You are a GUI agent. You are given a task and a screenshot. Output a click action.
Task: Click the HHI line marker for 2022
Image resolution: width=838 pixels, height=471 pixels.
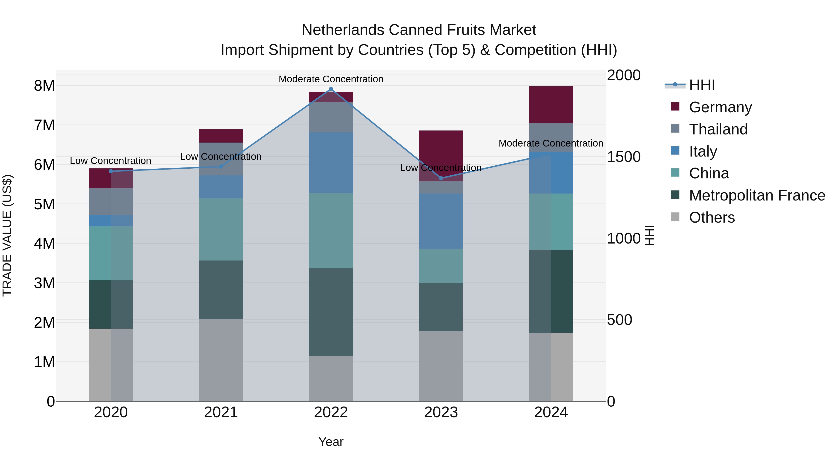pyautogui.click(x=331, y=89)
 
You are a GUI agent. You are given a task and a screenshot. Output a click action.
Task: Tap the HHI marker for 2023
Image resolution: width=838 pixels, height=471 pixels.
pyautogui.click(x=441, y=178)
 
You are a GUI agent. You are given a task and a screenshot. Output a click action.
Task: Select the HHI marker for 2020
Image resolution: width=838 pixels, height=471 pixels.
pyautogui.click(x=111, y=171)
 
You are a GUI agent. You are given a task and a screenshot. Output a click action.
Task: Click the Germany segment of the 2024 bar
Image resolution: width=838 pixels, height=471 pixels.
pyautogui.click(x=551, y=105)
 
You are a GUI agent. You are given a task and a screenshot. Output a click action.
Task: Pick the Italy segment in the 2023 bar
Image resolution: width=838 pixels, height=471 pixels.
pyautogui.click(x=441, y=221)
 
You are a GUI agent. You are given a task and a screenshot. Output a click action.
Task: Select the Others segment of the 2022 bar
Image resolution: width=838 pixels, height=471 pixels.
pyautogui.click(x=331, y=378)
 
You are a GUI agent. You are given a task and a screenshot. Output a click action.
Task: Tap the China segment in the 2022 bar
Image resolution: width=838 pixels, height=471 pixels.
pyautogui.click(x=331, y=230)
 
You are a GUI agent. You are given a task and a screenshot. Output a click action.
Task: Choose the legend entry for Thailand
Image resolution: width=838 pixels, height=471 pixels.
pyautogui.click(x=718, y=129)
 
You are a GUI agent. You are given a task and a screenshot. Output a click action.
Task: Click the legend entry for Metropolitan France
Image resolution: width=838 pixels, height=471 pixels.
pyautogui.click(x=757, y=195)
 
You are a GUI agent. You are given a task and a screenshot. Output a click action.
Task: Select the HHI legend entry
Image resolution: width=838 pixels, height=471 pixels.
pyautogui.click(x=701, y=85)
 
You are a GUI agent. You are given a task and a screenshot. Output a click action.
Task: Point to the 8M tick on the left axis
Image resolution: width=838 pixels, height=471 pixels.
pyautogui.click(x=44, y=86)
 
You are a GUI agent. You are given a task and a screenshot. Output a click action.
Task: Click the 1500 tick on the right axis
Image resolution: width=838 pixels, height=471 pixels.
pyautogui.click(x=624, y=157)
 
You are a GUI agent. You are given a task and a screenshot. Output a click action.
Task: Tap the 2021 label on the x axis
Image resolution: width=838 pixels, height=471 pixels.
pyautogui.click(x=221, y=412)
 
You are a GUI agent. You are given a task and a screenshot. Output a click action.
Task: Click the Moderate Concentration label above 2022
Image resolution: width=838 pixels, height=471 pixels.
pyautogui.click(x=331, y=79)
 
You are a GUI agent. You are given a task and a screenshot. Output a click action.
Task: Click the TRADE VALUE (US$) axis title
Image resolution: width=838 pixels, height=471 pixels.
pyautogui.click(x=7, y=235)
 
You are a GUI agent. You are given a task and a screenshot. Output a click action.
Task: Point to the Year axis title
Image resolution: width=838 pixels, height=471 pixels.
pyautogui.click(x=331, y=442)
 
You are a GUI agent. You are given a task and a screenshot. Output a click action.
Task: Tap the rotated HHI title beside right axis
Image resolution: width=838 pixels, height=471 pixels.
pyautogui.click(x=649, y=235)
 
